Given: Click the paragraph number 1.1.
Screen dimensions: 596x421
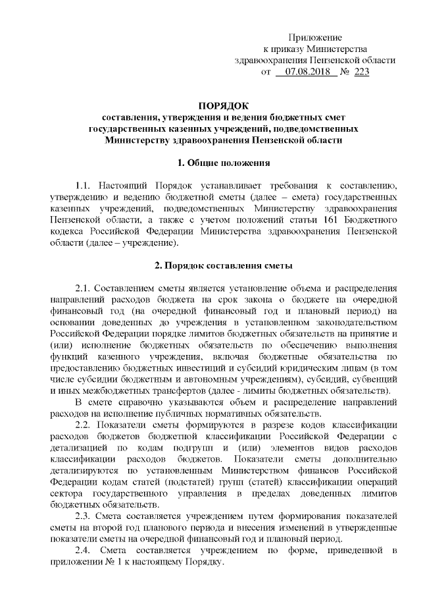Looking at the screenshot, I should (86, 185).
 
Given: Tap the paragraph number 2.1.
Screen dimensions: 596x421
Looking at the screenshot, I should (86, 288).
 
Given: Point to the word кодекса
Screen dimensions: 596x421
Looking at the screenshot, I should (66, 231).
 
